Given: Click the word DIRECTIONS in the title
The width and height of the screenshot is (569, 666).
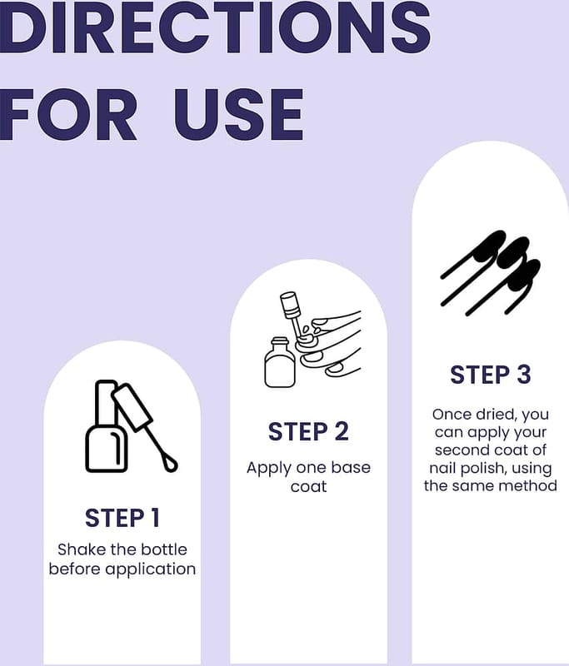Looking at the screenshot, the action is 215,27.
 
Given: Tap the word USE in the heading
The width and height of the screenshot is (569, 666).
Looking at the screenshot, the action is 239,115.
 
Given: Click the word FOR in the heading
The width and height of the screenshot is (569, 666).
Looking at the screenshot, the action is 68,115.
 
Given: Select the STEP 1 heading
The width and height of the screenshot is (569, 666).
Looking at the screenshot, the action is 122,518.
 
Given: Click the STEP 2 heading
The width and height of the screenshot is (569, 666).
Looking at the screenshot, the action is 308,431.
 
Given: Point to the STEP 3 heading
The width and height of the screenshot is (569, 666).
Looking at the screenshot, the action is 491,375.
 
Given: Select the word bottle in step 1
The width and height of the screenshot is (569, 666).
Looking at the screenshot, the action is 164,549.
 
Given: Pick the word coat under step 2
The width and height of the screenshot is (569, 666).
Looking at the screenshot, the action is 308,486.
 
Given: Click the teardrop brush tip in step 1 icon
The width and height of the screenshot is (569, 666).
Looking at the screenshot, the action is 171,465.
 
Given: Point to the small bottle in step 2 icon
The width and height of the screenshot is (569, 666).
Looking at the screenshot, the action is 280,362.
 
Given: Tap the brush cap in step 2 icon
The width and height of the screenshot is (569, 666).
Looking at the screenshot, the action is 291,304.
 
